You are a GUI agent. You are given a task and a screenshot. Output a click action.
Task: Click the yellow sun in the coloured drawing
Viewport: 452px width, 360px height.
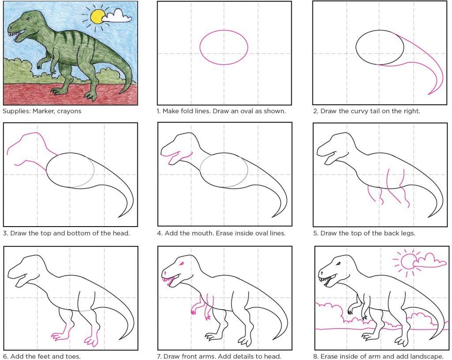98,16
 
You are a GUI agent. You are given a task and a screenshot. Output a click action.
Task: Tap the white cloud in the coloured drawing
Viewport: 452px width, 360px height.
117,15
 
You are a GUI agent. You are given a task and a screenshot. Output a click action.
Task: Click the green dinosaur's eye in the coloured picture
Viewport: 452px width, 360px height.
27,19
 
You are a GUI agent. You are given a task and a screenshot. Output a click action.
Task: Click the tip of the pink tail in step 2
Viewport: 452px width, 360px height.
428,95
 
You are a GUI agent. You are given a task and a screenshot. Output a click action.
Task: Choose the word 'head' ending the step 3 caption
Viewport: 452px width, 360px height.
121,233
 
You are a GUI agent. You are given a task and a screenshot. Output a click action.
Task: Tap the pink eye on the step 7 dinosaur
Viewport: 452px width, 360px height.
181,264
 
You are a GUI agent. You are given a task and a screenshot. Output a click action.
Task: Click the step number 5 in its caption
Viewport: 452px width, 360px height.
315,233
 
